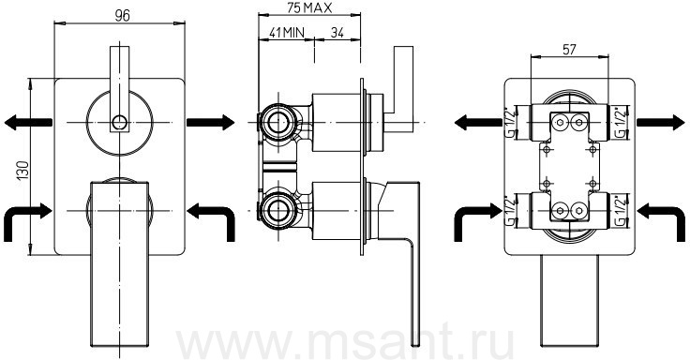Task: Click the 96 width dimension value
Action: coord(122,15)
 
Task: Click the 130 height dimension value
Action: coord(22,170)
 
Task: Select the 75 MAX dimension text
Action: coord(309,7)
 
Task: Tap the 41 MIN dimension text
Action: coord(287,33)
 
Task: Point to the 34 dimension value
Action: coord(337,33)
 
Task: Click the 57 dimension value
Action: coord(569,50)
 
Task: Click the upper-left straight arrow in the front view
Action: coord(29,122)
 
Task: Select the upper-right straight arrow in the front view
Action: coord(210,122)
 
